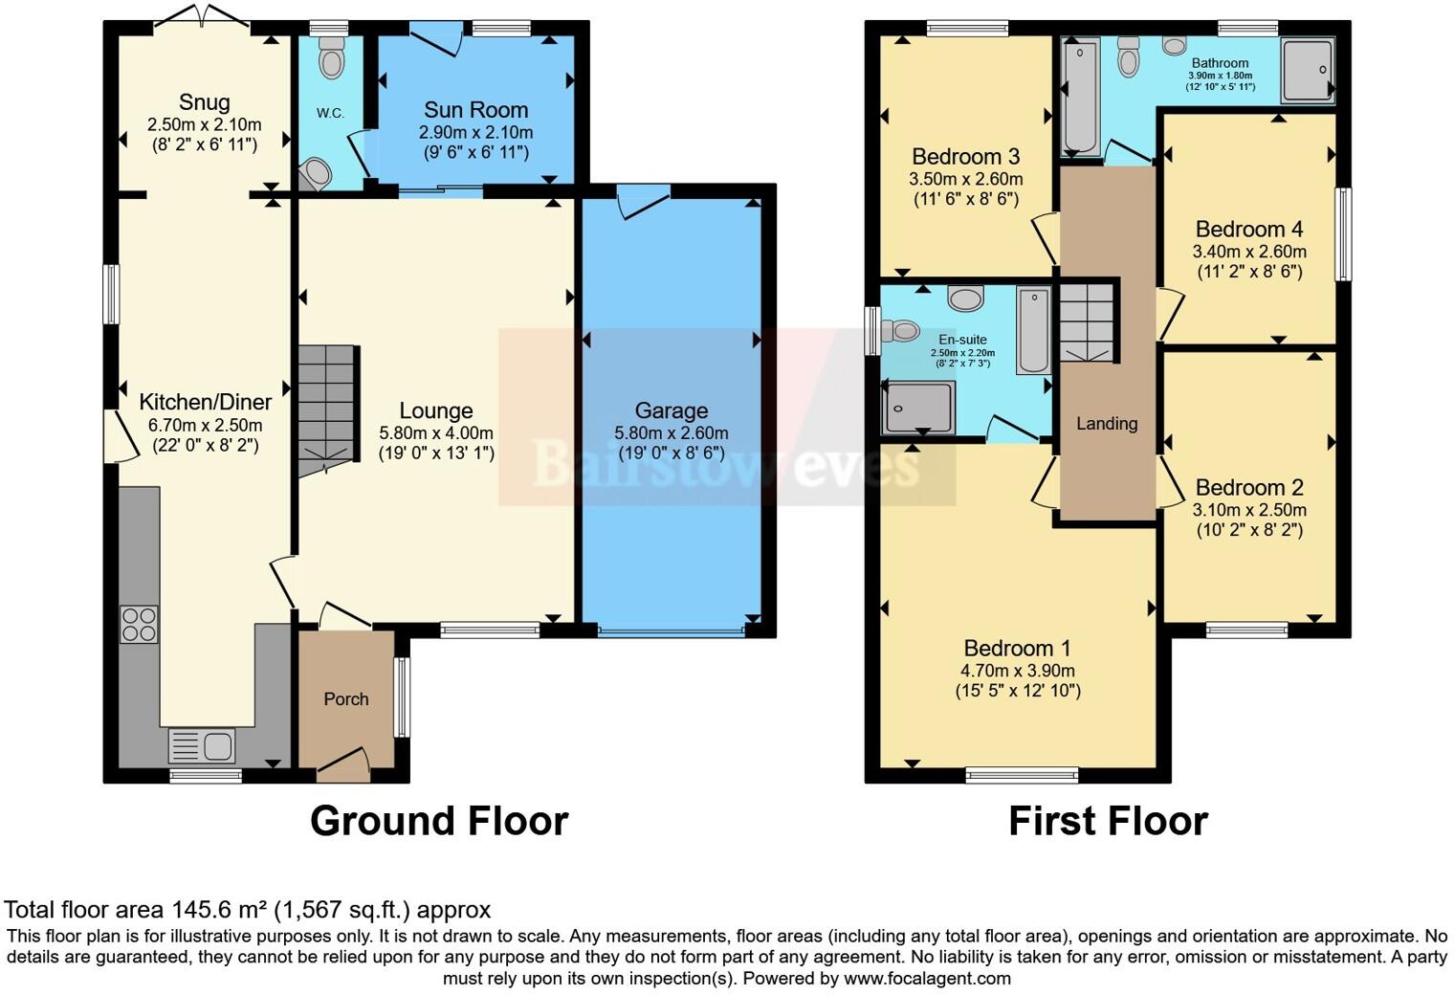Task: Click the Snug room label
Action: point(204,102)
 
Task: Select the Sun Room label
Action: point(475,110)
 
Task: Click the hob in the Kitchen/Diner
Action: point(139,624)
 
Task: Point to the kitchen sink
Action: point(201,745)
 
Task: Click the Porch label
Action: point(345,699)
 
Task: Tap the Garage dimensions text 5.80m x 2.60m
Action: point(671,432)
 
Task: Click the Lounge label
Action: point(435,410)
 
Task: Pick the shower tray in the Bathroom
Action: point(1307,70)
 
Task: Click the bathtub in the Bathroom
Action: point(1081,96)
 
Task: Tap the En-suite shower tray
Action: point(918,408)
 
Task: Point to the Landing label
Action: point(1107,424)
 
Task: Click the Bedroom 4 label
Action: point(1248,230)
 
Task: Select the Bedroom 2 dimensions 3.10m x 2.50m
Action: point(1248,510)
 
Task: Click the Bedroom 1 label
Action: point(1017,649)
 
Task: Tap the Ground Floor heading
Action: point(439,822)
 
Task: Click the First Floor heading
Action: point(1108,822)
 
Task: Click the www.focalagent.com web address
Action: point(927,979)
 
